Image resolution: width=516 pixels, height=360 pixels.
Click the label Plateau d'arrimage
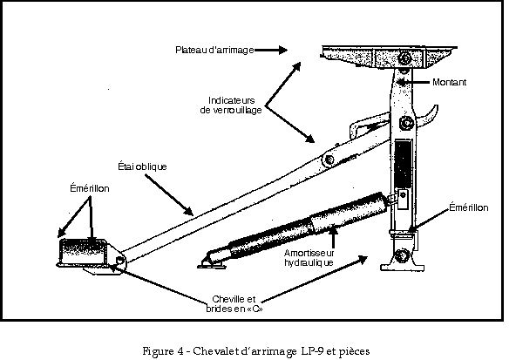[214, 50]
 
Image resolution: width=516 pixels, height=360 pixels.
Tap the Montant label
[449, 82]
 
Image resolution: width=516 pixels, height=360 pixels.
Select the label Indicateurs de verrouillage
[231, 105]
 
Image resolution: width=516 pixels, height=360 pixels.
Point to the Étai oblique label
[142, 166]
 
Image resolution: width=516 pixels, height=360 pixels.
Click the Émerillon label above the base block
[90, 188]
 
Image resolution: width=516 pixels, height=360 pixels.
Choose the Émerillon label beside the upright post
[469, 207]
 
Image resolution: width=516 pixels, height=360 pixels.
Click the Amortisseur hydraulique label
[309, 258]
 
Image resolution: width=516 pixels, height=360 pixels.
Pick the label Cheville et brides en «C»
[234, 303]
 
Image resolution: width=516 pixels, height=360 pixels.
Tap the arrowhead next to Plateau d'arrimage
[282, 50]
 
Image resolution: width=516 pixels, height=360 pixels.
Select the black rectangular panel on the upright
[403, 164]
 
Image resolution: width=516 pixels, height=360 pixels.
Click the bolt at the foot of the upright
[402, 255]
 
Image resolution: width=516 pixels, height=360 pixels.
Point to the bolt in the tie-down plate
[404, 59]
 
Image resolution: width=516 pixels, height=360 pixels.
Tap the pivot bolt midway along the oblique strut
[329, 160]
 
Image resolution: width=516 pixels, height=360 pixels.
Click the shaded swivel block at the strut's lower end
[82, 252]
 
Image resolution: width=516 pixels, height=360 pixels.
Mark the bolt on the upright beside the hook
[407, 124]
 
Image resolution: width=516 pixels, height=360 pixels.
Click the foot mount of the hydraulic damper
[213, 262]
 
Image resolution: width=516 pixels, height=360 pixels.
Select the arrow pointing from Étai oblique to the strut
[168, 194]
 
